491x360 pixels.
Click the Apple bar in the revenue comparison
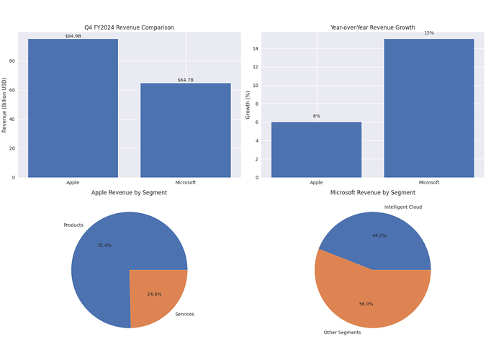[73, 108]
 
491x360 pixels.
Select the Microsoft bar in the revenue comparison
[186, 130]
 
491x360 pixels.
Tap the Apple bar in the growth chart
[316, 150]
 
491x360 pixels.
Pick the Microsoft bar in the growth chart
[429, 108]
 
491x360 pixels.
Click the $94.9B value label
[73, 36]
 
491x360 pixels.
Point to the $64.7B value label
[186, 80]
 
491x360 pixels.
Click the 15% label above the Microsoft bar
[429, 33]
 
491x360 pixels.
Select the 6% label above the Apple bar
[316, 116]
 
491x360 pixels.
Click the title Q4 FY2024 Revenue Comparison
[129, 27]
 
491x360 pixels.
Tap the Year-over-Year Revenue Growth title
[372, 27]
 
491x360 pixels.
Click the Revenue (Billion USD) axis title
[4, 105]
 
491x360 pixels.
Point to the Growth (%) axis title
[248, 105]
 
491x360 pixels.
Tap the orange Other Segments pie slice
[364, 295]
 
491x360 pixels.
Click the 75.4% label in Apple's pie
[104, 246]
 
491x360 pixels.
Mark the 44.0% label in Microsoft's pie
[379, 235]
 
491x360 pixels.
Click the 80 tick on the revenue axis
[12, 61]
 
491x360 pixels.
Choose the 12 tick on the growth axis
[256, 67]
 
